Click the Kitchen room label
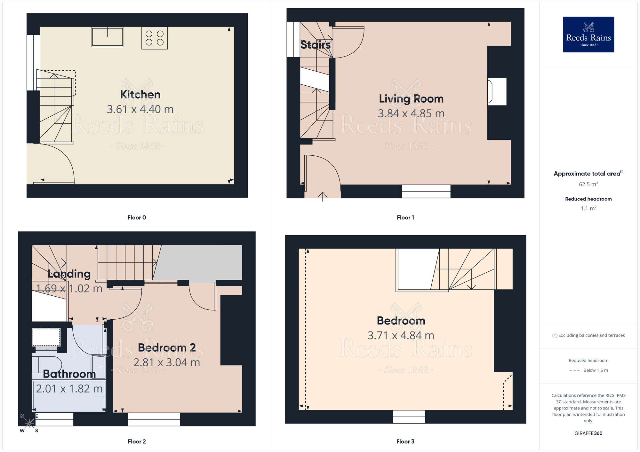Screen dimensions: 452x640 click(140, 95)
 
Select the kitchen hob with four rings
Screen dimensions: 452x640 click(155, 38)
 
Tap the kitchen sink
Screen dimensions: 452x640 click(108, 37)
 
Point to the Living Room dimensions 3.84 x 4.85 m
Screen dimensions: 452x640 click(411, 113)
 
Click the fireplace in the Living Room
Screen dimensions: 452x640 click(497, 92)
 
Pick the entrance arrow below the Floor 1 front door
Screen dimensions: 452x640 click(323, 196)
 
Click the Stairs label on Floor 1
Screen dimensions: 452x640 click(316, 45)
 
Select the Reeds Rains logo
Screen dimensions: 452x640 click(588, 35)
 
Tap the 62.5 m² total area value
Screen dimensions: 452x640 click(588, 184)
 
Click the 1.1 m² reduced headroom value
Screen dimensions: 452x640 click(588, 208)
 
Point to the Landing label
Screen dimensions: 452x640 click(69, 274)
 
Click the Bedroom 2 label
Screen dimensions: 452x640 click(167, 348)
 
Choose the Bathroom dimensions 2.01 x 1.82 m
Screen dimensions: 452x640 click(69, 389)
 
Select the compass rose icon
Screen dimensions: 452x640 click(29, 423)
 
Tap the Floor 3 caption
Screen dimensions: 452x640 click(405, 441)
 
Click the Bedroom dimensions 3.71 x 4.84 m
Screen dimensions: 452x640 click(401, 336)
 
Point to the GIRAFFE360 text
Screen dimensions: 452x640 click(588, 433)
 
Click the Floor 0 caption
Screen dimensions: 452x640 click(137, 218)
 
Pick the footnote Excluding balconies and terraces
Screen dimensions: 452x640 click(588, 335)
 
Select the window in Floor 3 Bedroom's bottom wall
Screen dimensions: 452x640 click(409, 417)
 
